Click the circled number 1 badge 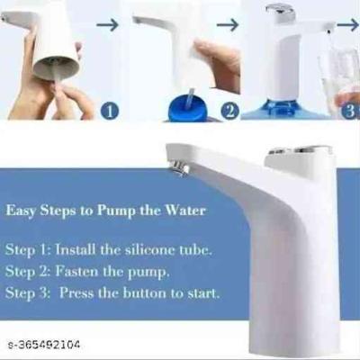pos(110,111)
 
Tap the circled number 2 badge pos(229,111)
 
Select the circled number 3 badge pos(351,111)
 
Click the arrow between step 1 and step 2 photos pos(107,25)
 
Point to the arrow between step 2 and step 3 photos pos(228,24)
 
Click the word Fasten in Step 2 pos(76,271)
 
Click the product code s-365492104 pos(44,345)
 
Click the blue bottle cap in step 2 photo pos(186,110)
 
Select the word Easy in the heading pos(21,211)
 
